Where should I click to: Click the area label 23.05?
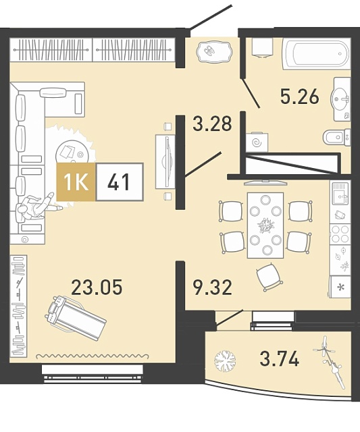(97, 287)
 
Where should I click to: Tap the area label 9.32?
(212, 288)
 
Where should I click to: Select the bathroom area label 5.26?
(300, 97)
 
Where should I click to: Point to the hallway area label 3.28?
(212, 124)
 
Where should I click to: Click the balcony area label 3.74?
(279, 358)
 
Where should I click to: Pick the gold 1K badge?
(76, 182)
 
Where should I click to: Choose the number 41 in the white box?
(119, 182)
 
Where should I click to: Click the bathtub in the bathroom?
(317, 54)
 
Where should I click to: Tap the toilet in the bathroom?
(337, 137)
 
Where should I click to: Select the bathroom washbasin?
(341, 99)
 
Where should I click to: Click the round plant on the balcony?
(225, 361)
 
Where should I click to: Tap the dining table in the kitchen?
(265, 225)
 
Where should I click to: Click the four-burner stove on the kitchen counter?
(340, 234)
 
